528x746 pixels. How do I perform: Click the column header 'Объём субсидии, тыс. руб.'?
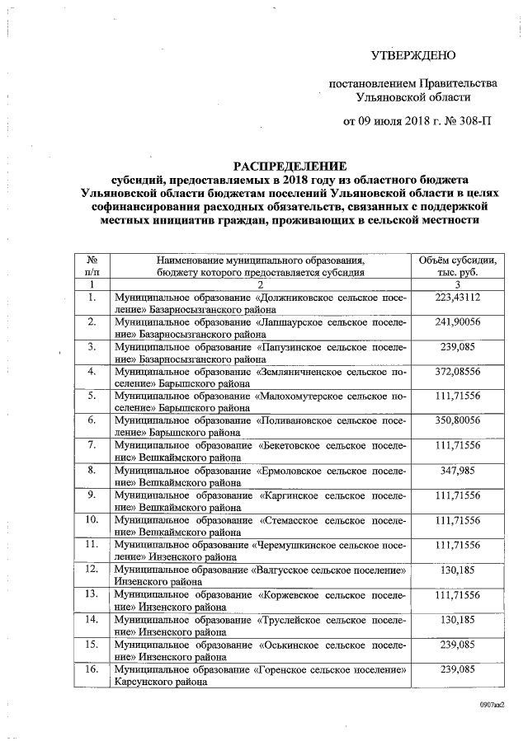463,265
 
